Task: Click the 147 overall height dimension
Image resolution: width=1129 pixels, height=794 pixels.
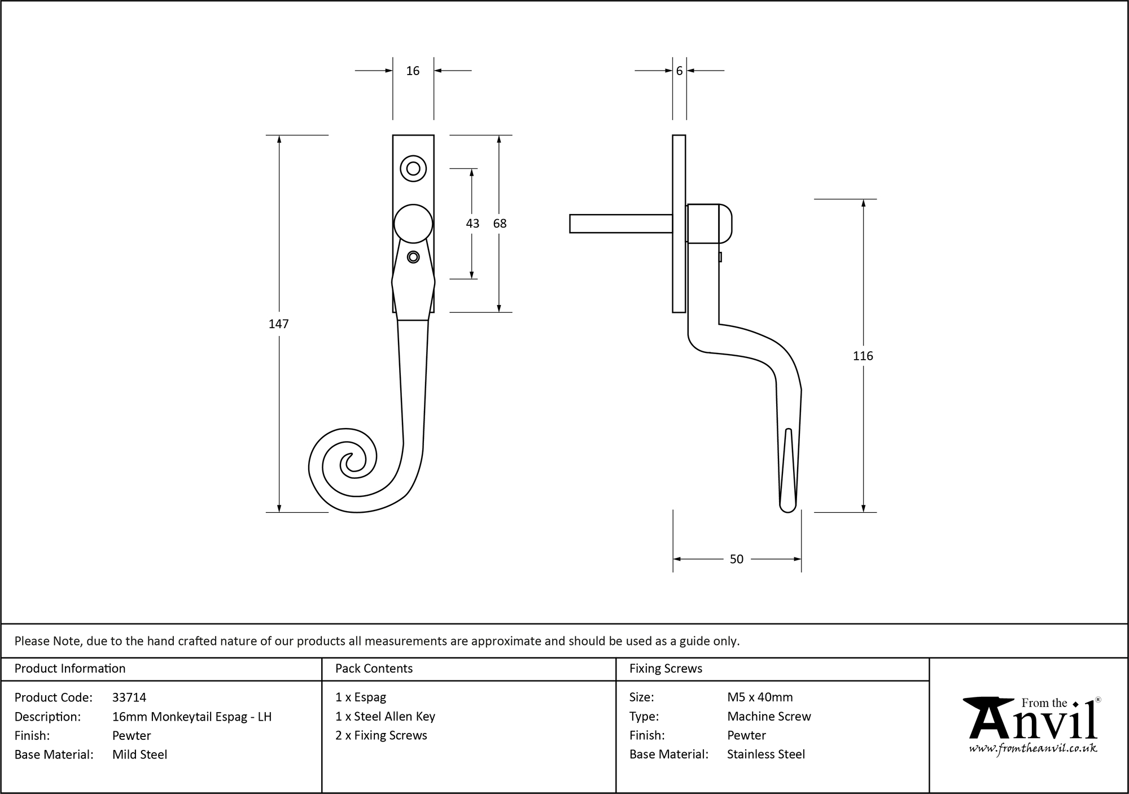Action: (279, 324)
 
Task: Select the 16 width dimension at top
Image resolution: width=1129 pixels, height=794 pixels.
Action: (413, 71)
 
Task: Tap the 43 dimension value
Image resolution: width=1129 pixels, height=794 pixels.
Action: (472, 224)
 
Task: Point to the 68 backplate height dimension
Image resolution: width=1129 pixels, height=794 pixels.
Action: (500, 224)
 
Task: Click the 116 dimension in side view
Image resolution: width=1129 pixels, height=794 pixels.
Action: (863, 356)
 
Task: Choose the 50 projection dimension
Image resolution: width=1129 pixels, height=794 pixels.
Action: (737, 559)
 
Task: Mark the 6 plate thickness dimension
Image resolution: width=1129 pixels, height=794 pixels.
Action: (679, 71)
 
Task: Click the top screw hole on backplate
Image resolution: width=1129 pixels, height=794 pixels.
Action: (413, 168)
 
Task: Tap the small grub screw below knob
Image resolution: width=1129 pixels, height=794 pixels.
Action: (413, 257)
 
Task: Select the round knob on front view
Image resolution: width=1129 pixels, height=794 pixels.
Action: (413, 224)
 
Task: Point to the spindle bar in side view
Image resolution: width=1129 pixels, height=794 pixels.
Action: (620, 224)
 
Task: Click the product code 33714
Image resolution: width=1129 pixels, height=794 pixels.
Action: (129, 697)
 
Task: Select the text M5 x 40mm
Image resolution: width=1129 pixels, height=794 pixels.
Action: (760, 697)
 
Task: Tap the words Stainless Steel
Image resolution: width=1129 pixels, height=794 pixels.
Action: (766, 754)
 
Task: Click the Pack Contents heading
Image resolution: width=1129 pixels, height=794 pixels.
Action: (374, 669)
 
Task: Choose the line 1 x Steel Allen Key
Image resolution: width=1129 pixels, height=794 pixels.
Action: (385, 717)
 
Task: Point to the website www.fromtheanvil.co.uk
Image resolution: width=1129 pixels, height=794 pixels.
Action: (1033, 749)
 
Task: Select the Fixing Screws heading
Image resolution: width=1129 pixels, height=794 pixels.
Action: (666, 669)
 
